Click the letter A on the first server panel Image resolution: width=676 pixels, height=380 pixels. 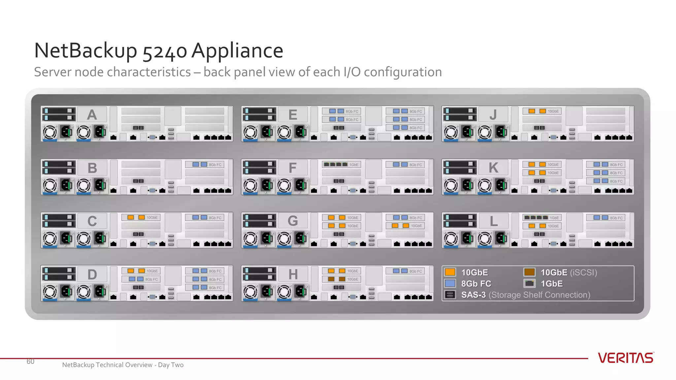tap(92, 115)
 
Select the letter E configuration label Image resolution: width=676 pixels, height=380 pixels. tap(292, 115)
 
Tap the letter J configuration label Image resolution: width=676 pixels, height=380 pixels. tap(493, 115)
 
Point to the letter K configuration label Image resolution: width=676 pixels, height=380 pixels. tap(493, 168)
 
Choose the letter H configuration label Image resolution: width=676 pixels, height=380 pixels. tap(293, 274)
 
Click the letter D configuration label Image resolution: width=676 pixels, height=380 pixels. tap(92, 274)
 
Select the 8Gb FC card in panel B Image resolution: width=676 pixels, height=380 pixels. tap(205, 165)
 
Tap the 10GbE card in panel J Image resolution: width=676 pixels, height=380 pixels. tap(542, 111)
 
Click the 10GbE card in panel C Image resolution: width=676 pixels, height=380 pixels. tap(141, 218)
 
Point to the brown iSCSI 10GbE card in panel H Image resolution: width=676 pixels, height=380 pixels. tap(341, 279)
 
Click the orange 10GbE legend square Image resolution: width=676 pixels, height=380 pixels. tap(450, 272)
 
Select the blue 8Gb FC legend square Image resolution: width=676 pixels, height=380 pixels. tap(450, 283)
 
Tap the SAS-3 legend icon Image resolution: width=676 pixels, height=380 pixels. tap(450, 295)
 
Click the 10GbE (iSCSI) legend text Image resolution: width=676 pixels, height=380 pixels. tap(568, 272)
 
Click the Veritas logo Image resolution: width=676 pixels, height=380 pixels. tap(625, 358)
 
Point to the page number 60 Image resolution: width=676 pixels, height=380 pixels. tap(30, 362)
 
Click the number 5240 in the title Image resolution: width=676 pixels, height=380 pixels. tap(165, 51)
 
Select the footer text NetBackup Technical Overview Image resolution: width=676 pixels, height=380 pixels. tap(107, 365)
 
